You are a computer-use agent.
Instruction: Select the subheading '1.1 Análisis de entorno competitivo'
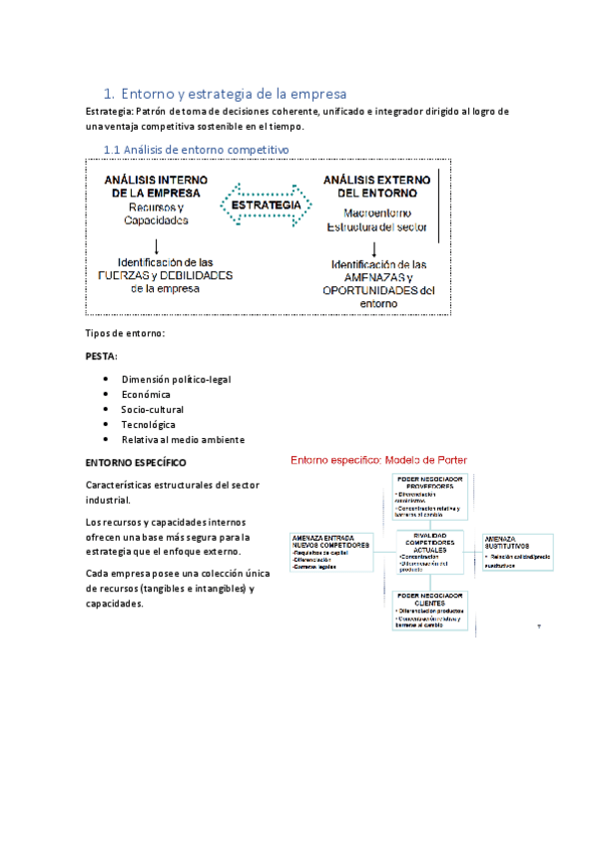(197, 149)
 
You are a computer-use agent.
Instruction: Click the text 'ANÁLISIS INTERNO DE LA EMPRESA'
(156, 185)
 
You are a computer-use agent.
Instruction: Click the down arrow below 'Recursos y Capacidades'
(157, 244)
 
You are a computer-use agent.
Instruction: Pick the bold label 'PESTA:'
(102, 354)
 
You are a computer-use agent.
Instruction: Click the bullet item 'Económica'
(146, 395)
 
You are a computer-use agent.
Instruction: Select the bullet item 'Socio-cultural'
(153, 410)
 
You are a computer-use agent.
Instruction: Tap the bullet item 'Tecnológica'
(149, 424)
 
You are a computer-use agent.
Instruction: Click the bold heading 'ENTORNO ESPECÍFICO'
(136, 463)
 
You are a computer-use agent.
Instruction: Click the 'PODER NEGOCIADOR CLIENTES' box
(430, 609)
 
